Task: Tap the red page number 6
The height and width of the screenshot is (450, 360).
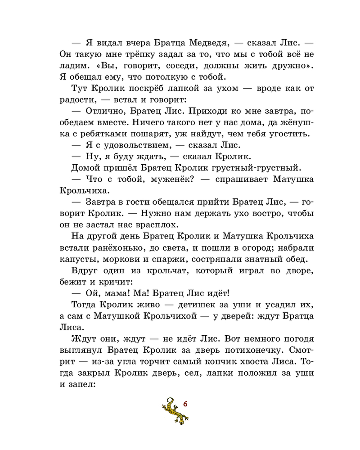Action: click(x=185, y=404)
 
